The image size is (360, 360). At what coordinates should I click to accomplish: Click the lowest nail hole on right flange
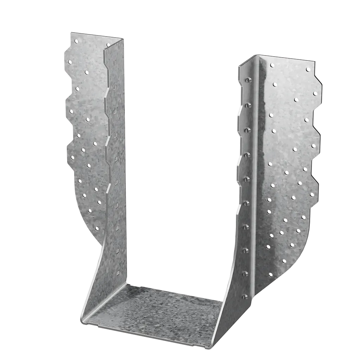[x=270, y=275]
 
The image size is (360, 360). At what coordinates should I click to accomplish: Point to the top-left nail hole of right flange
[x=272, y=65]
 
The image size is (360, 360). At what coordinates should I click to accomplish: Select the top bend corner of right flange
[x=258, y=55]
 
